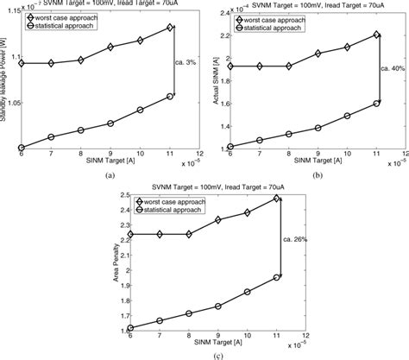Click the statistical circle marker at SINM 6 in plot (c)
coord(130,328)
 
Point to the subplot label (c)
coord(204,353)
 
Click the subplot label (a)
coord(108,174)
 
